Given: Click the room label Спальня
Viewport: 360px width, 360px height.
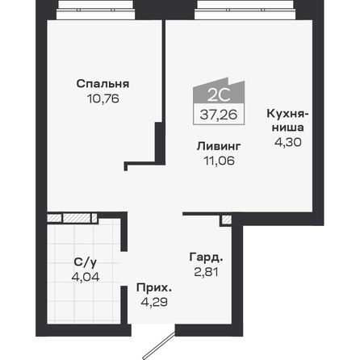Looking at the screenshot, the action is (103, 84).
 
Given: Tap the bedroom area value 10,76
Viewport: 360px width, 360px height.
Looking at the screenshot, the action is (103, 98).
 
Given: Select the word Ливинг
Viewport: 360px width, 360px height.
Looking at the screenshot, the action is (219, 146).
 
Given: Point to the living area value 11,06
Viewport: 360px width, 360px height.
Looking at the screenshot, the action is (219, 161).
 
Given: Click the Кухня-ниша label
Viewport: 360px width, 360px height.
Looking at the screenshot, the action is (287, 120).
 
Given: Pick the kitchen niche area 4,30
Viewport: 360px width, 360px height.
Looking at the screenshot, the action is (288, 142).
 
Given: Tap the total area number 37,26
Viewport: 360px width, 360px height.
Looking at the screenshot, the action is (219, 115).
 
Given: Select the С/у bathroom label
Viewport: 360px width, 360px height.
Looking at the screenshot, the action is (85, 262).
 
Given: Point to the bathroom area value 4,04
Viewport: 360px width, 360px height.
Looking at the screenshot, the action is (86, 277).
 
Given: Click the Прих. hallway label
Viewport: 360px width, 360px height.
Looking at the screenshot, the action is (154, 288).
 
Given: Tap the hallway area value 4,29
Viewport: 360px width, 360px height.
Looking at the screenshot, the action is (154, 302).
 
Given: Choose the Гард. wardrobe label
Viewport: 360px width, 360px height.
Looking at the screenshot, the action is (206, 257).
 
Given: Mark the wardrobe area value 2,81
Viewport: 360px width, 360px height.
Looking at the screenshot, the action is (206, 272).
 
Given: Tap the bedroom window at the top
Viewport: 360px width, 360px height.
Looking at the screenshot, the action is (95, 10).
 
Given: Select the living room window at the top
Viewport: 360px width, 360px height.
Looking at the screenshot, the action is (245, 10).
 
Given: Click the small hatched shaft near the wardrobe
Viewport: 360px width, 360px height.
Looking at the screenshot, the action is (227, 220).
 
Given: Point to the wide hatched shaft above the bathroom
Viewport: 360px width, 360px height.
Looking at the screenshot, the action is (77, 218).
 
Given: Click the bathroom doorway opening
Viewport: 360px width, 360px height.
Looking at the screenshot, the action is (123, 269).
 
